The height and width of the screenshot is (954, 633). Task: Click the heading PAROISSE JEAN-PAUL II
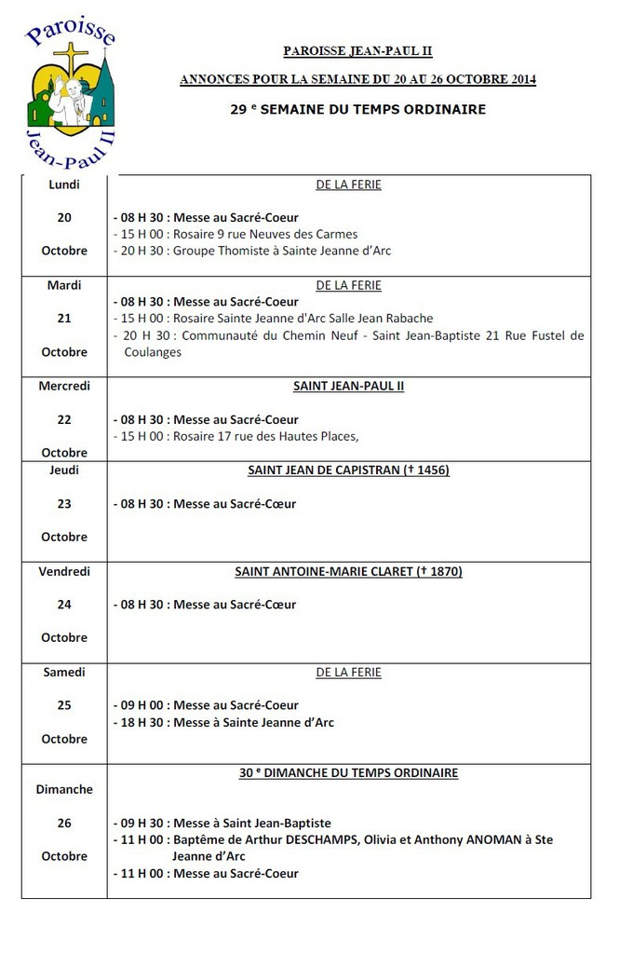[x=357, y=51]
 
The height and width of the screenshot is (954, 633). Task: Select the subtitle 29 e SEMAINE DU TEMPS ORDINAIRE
[x=357, y=109]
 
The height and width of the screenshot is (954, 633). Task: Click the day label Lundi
[x=64, y=184]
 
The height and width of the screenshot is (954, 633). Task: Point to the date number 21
[x=64, y=319]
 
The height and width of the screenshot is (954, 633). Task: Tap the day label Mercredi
[x=64, y=386]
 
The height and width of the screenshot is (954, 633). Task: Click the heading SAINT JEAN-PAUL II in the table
[x=348, y=386]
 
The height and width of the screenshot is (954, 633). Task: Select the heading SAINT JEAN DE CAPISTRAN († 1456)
[x=348, y=470]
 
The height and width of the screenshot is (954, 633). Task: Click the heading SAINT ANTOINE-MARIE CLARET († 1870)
[x=348, y=571]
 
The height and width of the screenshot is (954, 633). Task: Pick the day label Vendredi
[x=64, y=571]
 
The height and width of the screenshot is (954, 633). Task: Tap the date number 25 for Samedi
[x=64, y=705]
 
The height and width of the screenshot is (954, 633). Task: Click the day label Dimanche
[x=64, y=789]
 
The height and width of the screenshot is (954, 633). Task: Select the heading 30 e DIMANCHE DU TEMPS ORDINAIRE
[x=348, y=772]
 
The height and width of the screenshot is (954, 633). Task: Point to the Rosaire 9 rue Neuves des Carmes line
[x=235, y=234]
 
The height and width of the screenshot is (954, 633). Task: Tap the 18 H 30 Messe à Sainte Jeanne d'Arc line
[x=223, y=722]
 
